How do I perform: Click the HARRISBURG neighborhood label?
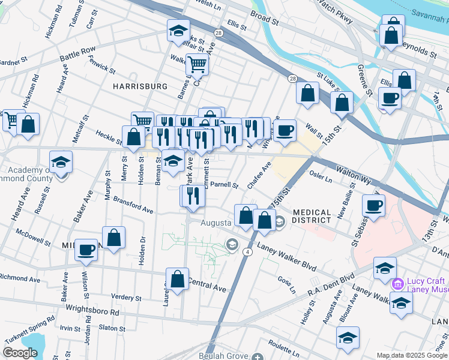click(140, 86)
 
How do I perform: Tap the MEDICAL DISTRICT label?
click(312, 218)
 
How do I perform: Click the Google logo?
click(20, 353)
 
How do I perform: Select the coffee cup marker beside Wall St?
click(285, 130)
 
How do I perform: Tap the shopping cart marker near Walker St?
click(196, 65)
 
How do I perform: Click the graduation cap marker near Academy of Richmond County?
click(61, 163)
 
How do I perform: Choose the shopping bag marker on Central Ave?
click(177, 280)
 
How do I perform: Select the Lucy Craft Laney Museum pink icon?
click(397, 283)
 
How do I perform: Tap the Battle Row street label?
click(77, 53)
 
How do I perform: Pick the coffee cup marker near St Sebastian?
click(373, 206)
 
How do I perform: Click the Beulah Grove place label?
click(227, 357)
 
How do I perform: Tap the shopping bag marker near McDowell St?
click(113, 238)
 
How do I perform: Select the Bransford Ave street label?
click(133, 205)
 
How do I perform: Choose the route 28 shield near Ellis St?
click(218, 33)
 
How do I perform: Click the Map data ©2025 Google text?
click(412, 355)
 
